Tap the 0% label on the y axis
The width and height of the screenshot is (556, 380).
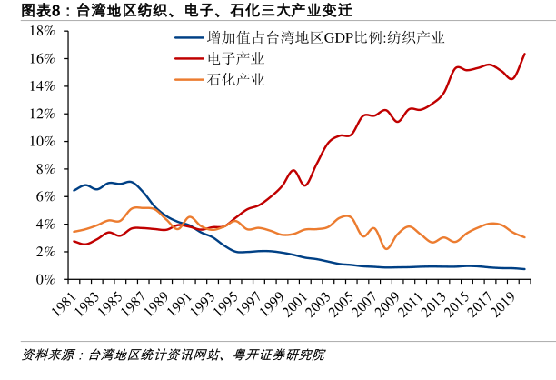tap(46, 280)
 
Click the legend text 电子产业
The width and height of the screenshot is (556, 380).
tap(235, 59)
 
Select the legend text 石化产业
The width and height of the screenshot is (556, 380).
tap(235, 79)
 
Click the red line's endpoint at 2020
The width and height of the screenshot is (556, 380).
tap(524, 55)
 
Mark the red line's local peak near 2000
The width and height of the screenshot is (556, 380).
tap(293, 170)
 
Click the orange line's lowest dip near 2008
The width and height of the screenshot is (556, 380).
tap(386, 248)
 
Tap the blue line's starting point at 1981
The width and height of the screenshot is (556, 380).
tap(74, 190)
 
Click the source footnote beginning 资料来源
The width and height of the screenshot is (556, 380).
tap(173, 354)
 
